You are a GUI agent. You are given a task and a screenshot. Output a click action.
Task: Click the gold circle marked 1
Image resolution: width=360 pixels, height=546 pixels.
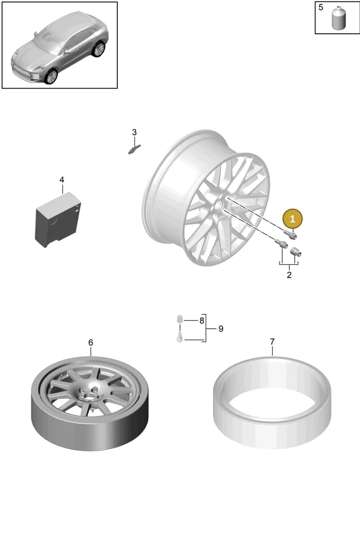(292, 219)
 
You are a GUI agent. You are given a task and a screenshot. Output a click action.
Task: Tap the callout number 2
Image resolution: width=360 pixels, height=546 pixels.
(289, 275)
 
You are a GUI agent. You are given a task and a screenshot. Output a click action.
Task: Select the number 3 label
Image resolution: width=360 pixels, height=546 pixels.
(135, 132)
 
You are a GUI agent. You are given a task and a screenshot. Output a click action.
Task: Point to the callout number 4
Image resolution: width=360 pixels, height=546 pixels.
(62, 180)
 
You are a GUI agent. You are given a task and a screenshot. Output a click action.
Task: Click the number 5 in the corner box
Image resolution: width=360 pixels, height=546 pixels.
(321, 8)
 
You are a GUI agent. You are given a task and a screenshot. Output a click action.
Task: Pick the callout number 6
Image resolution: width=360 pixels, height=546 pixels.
(91, 343)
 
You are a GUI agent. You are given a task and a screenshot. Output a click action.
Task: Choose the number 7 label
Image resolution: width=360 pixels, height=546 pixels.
(272, 342)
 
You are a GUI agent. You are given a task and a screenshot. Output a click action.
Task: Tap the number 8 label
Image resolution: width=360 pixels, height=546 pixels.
(202, 321)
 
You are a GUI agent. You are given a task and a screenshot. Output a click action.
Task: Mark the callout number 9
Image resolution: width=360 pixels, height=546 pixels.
(221, 329)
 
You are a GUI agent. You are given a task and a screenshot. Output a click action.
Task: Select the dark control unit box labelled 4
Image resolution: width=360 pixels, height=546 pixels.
(58, 219)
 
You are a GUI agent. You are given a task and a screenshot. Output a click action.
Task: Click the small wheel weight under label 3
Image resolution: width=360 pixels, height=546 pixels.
(135, 149)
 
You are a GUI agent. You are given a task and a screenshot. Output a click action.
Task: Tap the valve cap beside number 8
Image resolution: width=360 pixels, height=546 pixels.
(179, 319)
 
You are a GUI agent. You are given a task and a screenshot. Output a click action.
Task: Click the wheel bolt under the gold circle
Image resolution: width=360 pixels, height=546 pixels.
(290, 234)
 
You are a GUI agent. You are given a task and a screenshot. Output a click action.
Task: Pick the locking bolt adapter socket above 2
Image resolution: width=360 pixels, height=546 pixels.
(296, 252)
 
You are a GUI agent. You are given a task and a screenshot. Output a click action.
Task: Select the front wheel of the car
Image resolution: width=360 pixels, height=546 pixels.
(51, 76)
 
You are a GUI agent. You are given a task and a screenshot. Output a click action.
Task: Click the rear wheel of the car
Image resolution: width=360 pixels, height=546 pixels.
(99, 49)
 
